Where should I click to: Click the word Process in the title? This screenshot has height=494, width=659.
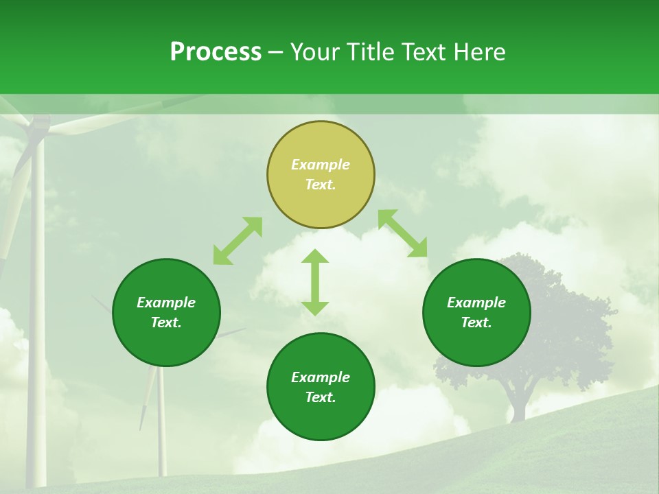coord(216,52)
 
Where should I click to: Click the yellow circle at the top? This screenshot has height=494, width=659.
coord(321,199)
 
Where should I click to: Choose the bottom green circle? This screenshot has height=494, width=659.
coord(321,419)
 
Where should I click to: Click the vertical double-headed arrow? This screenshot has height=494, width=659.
coord(315,282)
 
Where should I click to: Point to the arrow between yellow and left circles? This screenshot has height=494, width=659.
coord(238,241)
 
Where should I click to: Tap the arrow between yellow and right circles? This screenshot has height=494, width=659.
coord(402,233)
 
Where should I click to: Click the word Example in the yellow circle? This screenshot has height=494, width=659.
coord(321,165)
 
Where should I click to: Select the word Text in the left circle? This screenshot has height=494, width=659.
coord(166,322)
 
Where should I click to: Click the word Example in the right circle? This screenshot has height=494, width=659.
coord(476,303)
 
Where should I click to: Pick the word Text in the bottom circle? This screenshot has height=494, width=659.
coord(321,397)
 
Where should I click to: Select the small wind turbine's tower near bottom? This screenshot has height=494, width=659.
coord(161,425)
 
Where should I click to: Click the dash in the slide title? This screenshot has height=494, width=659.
coord(275,52)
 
